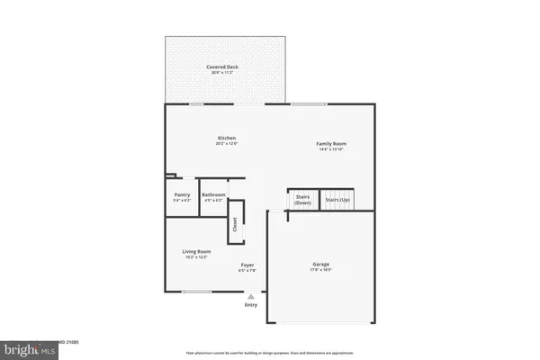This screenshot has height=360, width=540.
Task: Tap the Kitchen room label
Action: coord(226,138)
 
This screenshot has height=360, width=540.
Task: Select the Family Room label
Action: coord(331,144)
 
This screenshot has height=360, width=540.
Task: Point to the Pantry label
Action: coord(182,194)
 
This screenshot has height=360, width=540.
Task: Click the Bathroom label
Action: coord(213,194)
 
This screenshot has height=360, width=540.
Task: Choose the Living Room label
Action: coord(196,251)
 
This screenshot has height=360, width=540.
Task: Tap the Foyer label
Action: coord(247,265)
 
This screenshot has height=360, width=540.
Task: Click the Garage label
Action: coord(322,264)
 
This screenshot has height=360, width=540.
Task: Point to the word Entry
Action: coord(251,305)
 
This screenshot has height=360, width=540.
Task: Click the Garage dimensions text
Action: coord(322,270)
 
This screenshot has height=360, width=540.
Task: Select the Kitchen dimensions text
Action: coord(226,144)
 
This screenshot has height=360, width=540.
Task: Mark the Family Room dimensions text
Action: coord(331,150)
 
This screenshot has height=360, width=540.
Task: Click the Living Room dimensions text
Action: coord(196,257)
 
